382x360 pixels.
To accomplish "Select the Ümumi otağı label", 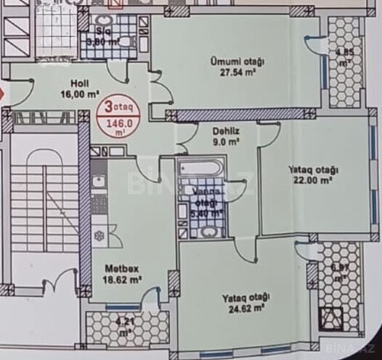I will (x=237, y=62).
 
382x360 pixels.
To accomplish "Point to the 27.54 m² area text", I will (x=237, y=73).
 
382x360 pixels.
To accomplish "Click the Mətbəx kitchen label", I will (x=116, y=266).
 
